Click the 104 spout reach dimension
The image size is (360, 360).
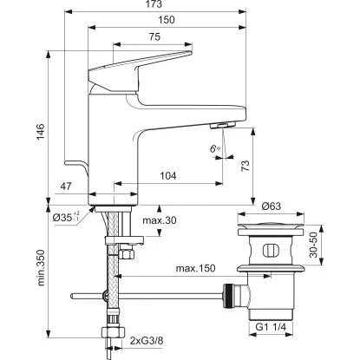point(168,176)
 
